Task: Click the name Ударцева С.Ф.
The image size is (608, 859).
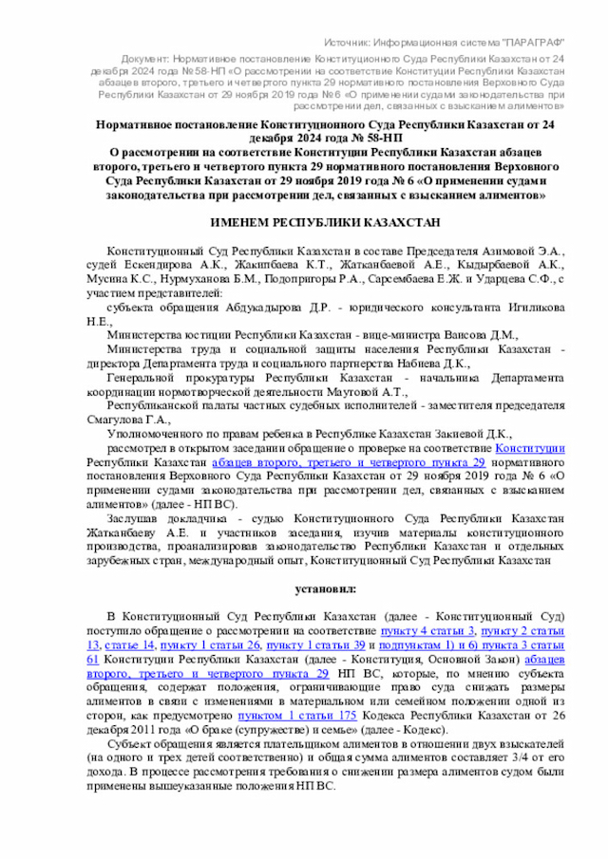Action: pos(517,278)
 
